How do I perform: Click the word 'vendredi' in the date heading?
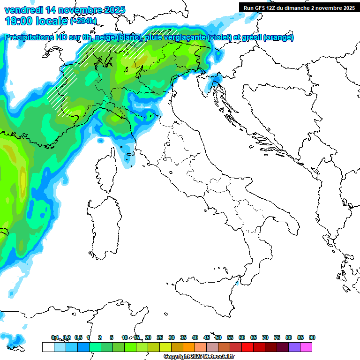(x=22, y=10)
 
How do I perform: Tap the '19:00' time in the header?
(x=20, y=21)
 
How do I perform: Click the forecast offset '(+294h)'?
(x=83, y=21)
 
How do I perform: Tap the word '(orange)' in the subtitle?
(x=278, y=37)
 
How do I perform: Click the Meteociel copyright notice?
(x=199, y=357)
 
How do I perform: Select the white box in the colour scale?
(x=48, y=347)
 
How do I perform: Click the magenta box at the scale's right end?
(x=306, y=347)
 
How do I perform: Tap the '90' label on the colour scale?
(x=312, y=337)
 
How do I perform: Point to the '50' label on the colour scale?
(x=218, y=337)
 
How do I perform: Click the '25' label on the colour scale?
(x=159, y=337)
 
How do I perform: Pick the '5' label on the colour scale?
(x=111, y=337)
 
